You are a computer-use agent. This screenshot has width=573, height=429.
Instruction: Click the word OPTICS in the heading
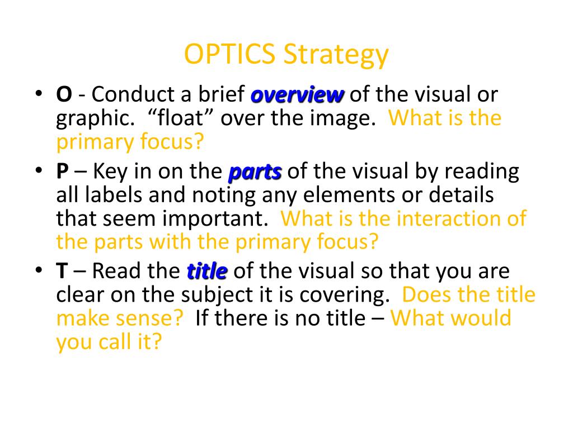pyautogui.click(x=229, y=54)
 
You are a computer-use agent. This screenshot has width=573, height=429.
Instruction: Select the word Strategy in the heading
pyautogui.click(x=336, y=55)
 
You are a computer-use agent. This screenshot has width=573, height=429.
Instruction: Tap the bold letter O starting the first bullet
pyautogui.click(x=64, y=94)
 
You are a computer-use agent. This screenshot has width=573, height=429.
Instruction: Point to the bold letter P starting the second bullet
pyautogui.click(x=63, y=171)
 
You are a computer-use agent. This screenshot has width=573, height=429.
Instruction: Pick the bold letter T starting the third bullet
pyautogui.click(x=62, y=271)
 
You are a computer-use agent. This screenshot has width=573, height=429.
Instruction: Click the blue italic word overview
pyautogui.click(x=297, y=95)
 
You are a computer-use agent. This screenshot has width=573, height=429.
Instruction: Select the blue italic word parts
pyautogui.click(x=255, y=172)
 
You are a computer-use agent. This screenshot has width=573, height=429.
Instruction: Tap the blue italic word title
pyautogui.click(x=207, y=271)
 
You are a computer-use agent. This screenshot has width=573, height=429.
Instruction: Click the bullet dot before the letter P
pyautogui.click(x=39, y=170)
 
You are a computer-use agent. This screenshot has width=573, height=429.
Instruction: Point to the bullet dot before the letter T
pyautogui.click(x=39, y=270)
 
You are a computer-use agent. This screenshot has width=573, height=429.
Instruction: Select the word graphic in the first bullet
pyautogui.click(x=95, y=119)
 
